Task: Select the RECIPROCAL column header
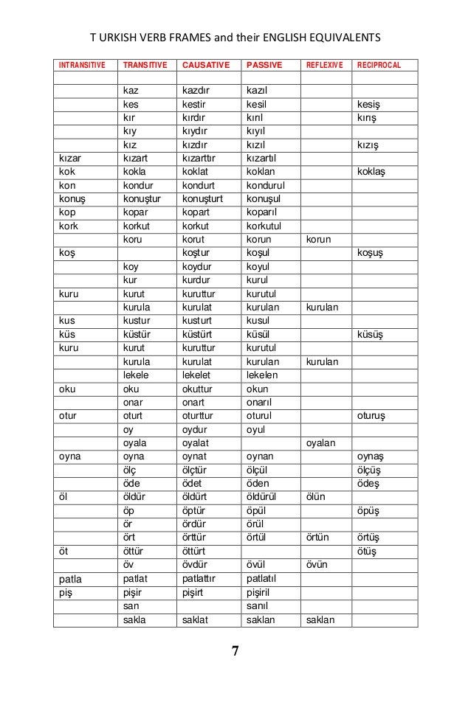(378, 65)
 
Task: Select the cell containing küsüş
(370, 334)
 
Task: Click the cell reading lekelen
(264, 375)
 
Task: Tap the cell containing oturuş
(373, 415)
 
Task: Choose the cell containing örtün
(318, 537)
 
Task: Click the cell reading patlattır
(203, 579)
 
